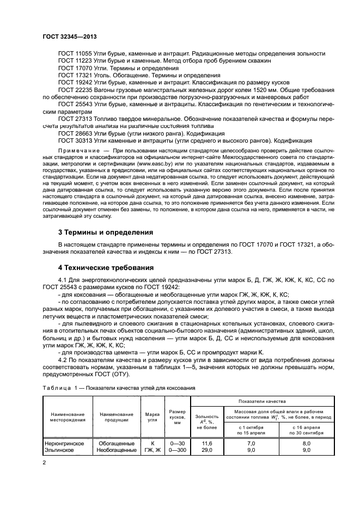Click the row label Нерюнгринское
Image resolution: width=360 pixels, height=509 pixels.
tap(64, 444)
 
